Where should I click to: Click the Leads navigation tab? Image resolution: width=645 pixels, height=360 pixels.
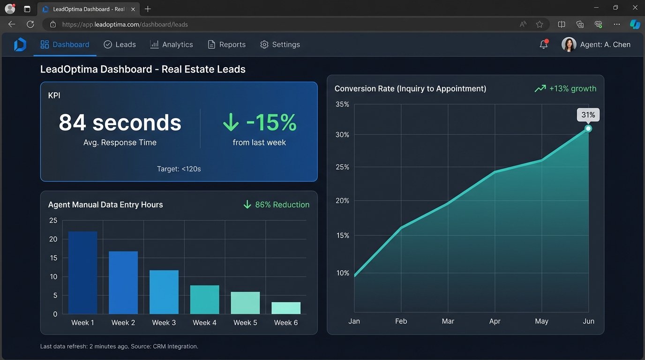point(120,45)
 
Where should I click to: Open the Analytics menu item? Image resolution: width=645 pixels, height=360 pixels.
point(172,45)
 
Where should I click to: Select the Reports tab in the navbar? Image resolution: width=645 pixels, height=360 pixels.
point(227,45)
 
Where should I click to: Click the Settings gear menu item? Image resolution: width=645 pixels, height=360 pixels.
point(280,45)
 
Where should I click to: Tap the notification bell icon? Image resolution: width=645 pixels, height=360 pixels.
point(544,45)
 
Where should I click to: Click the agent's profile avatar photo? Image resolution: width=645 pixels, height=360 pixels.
point(569,45)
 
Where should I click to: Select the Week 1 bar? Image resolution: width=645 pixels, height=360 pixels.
point(82,273)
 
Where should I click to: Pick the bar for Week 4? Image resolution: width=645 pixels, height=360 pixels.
point(204,300)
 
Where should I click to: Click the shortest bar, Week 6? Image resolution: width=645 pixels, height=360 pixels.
point(286,308)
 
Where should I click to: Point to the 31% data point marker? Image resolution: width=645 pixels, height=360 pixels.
point(588,128)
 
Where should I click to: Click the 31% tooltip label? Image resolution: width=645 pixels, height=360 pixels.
point(588,115)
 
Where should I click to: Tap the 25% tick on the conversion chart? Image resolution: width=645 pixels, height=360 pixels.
point(343,167)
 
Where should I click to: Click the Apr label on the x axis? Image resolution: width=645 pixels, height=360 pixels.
point(495,322)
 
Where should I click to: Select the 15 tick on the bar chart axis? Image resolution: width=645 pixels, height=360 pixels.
point(53,258)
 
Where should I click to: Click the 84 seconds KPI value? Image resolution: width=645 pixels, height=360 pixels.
point(120,123)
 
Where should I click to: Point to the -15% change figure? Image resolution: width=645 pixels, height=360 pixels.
point(260,123)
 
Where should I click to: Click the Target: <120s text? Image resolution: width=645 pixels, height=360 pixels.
point(179,169)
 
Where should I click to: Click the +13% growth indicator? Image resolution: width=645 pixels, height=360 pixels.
point(566,89)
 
